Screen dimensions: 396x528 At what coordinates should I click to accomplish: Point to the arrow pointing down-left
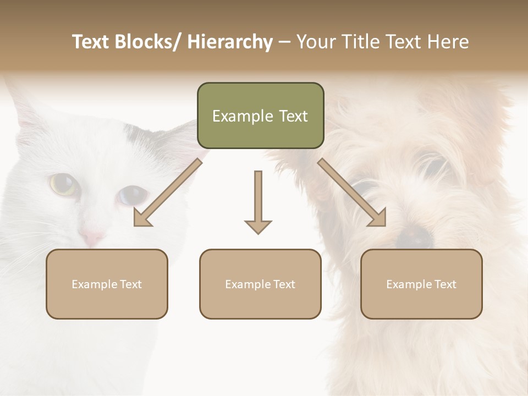[168, 193]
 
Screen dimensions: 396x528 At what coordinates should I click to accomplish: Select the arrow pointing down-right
[352, 193]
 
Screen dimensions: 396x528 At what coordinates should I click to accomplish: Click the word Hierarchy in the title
[230, 42]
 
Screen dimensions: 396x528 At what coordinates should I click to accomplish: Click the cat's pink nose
[91, 238]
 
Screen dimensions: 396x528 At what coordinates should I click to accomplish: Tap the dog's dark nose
[414, 235]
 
